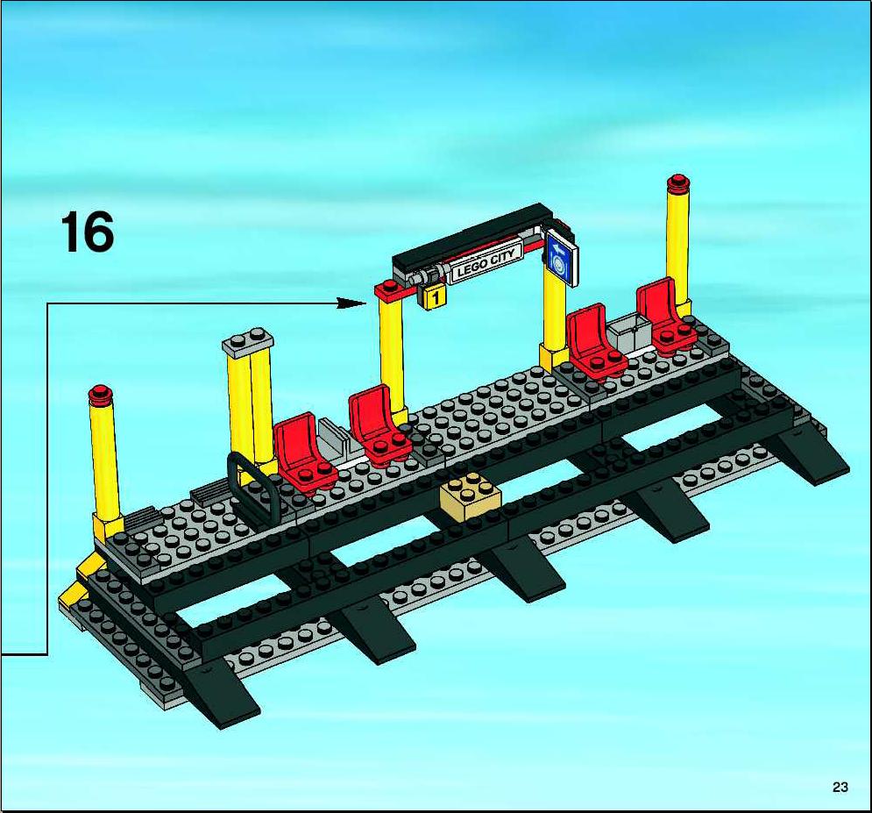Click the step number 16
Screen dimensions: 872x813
click(88, 232)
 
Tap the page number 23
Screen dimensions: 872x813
click(840, 787)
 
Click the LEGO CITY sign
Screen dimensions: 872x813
click(486, 262)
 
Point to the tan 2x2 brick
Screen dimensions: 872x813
click(470, 496)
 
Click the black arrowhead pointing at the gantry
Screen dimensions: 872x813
click(351, 303)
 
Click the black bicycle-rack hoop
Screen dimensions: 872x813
click(253, 486)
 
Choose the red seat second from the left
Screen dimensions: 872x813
click(379, 425)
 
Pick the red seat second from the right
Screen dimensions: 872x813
click(596, 340)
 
